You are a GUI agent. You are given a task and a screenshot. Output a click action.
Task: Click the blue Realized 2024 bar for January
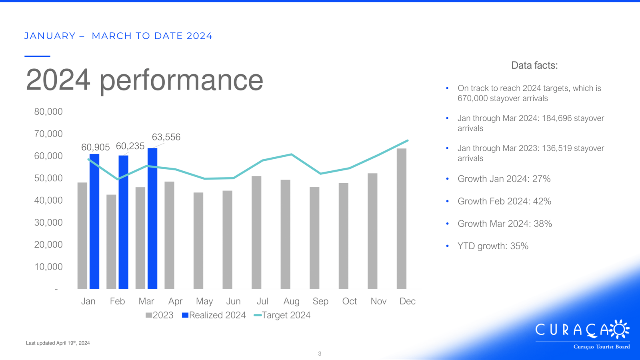click(x=94, y=222)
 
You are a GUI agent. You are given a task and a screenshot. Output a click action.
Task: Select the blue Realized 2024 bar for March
click(x=152, y=218)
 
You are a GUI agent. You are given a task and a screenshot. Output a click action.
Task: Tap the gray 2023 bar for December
click(x=402, y=218)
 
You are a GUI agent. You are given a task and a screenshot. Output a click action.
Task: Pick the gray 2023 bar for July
click(x=256, y=232)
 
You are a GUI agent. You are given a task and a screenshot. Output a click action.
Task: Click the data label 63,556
click(x=166, y=137)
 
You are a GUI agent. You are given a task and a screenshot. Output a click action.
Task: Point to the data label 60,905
click(x=96, y=147)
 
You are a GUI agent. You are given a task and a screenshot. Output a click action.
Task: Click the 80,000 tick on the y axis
click(x=48, y=112)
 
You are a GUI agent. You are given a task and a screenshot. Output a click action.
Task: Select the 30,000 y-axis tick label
click(x=48, y=222)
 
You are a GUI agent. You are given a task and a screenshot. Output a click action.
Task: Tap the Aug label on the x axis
click(x=292, y=301)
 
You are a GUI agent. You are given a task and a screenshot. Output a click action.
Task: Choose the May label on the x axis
click(x=204, y=301)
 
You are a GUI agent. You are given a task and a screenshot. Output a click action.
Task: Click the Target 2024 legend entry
click(x=282, y=315)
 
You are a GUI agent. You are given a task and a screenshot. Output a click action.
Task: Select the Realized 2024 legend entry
click(x=214, y=315)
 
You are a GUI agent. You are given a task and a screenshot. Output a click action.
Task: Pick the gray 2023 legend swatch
click(x=148, y=315)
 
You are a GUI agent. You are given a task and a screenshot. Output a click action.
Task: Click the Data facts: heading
click(x=534, y=66)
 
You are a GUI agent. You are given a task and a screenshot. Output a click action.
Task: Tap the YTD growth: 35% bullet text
click(x=493, y=246)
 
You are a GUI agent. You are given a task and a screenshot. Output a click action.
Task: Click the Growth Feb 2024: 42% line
click(x=504, y=201)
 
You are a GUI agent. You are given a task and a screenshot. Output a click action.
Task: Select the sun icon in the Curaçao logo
click(x=620, y=330)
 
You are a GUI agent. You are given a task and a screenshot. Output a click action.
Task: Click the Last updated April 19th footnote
click(x=58, y=343)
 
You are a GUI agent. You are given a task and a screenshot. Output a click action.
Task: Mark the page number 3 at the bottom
click(x=320, y=354)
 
